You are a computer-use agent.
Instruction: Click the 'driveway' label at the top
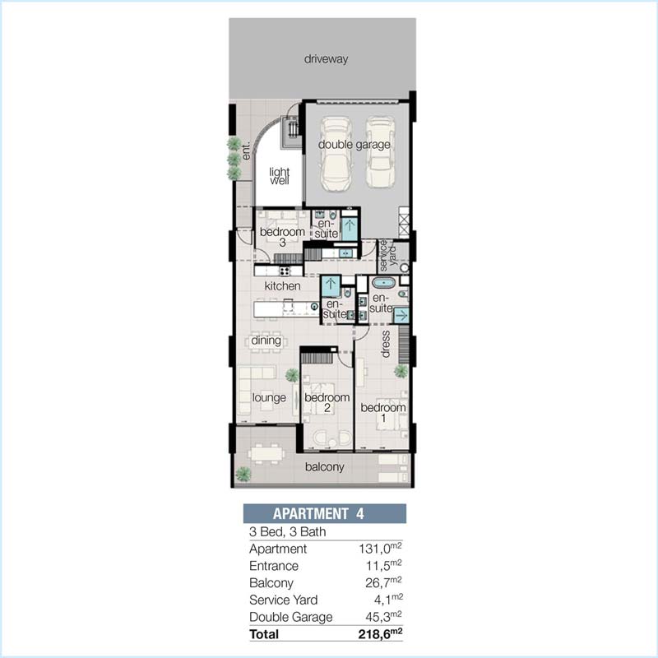coord(327,59)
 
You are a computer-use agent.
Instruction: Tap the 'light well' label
coord(280,175)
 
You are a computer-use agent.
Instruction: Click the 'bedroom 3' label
coord(282,237)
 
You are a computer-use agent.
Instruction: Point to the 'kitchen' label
coord(282,285)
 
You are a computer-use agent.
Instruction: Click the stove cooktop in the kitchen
coord(285,270)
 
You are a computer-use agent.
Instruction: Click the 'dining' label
coord(266,340)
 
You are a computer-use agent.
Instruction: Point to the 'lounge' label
coord(269,398)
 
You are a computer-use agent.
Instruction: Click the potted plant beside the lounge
coord(292,376)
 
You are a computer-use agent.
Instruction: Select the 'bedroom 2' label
coord(327,402)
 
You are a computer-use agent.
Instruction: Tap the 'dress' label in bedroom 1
coord(385,345)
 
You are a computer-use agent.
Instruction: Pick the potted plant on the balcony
coord(243,474)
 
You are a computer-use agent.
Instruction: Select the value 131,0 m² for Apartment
coord(380,549)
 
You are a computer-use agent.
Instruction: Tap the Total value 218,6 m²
coord(379,634)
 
